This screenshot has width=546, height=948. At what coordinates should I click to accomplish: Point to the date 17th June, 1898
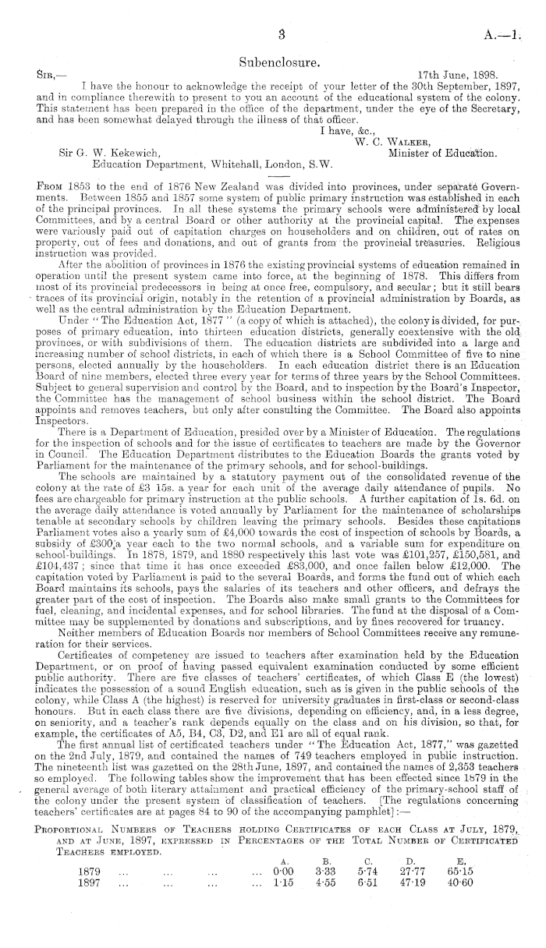455,74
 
